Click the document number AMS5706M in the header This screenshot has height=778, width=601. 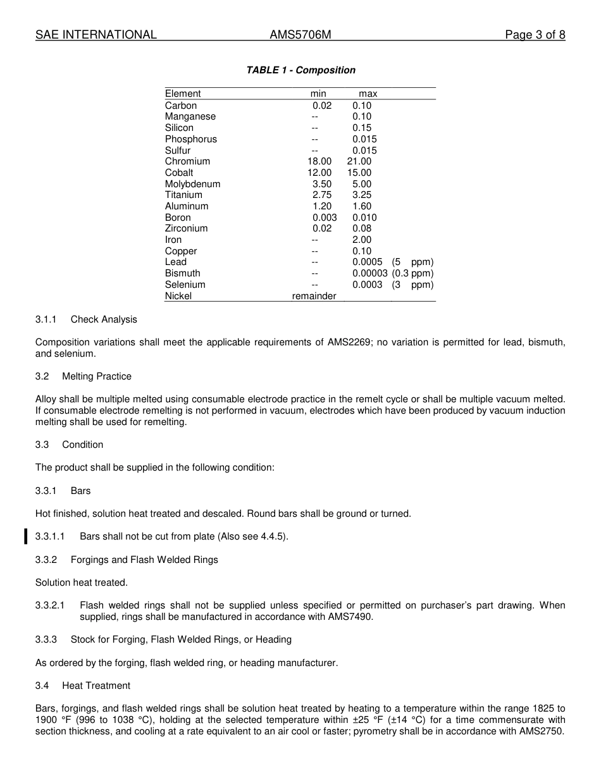(300, 35)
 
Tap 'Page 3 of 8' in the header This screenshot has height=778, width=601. (535, 35)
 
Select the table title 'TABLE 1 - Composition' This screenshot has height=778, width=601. (300, 70)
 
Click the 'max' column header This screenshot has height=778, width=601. (368, 94)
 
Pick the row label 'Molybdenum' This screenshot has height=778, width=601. (192, 184)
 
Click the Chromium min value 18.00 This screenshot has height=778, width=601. (319, 161)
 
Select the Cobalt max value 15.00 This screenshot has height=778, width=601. (359, 173)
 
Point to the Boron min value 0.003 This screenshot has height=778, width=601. (325, 218)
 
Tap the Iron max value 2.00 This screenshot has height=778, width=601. (362, 240)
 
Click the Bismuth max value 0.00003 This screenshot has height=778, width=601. (370, 273)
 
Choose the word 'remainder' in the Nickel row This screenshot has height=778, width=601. (314, 296)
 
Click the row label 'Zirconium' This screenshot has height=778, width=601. (186, 228)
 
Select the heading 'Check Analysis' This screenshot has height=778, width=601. (104, 319)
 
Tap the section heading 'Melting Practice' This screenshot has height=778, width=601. (97, 376)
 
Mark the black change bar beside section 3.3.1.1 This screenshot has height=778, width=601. (26, 536)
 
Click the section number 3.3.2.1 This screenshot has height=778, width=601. (50, 605)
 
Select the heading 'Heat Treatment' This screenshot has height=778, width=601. (96, 686)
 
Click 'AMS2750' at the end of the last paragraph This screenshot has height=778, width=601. (543, 731)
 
